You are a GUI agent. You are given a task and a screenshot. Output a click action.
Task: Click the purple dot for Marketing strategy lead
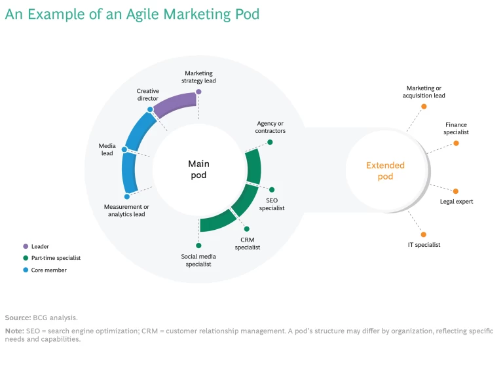click(198, 92)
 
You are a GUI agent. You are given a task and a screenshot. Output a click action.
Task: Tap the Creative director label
click(147, 94)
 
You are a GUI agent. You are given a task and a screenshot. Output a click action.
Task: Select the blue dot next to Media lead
click(124, 150)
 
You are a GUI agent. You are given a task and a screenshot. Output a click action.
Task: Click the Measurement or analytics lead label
click(127, 210)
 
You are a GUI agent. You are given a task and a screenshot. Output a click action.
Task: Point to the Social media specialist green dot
click(198, 246)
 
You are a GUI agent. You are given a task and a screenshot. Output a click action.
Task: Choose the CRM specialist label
click(248, 244)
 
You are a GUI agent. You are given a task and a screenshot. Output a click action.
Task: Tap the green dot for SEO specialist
click(272, 190)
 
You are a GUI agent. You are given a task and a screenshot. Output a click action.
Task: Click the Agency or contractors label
click(270, 127)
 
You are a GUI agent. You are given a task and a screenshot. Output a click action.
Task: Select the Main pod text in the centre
click(198, 170)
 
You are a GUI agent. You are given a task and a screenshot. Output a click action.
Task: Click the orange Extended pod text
click(385, 171)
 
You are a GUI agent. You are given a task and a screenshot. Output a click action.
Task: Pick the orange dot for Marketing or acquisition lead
click(424, 106)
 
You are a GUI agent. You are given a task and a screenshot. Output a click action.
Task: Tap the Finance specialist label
click(456, 128)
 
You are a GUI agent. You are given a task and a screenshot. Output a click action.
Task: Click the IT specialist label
click(424, 245)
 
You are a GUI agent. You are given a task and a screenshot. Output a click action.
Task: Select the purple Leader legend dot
click(26, 246)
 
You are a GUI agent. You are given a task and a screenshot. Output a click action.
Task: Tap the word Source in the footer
click(16, 318)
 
